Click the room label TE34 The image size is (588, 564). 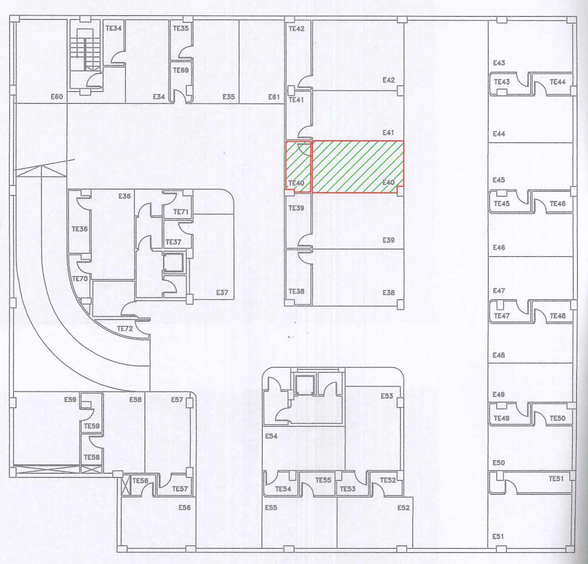[113, 28]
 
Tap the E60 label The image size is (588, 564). [57, 97]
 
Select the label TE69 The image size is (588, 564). [181, 70]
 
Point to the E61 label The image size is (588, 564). [274, 97]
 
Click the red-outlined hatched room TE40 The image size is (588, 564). [298, 167]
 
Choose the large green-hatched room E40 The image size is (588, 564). [358, 167]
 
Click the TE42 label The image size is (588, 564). [297, 29]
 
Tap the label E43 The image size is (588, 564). [499, 63]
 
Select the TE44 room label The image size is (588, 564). [558, 82]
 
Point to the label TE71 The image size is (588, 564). [181, 212]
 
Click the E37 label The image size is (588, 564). [222, 293]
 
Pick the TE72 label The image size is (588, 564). [125, 328]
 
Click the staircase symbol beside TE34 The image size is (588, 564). [85, 50]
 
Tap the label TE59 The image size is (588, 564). [92, 426]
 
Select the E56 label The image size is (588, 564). [185, 507]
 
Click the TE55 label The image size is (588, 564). [323, 480]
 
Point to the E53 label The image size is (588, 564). [387, 396]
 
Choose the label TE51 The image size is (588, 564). [556, 479]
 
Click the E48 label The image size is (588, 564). [498, 355]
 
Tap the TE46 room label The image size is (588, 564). [558, 204]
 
